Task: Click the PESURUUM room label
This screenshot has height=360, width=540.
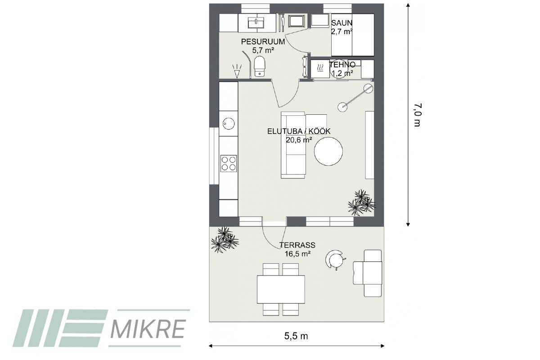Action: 263,41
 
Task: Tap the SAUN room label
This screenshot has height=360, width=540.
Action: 342,23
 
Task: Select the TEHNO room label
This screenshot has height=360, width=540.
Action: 342,64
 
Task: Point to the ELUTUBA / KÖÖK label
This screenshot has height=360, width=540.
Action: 299,131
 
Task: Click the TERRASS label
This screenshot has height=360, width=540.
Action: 297,245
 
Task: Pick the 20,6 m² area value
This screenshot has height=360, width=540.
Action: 299,140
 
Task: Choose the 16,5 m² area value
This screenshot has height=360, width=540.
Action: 297,254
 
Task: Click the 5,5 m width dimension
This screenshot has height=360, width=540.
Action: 296,336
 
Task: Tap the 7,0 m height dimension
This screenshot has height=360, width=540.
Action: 417,115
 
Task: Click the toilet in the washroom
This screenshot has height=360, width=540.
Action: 260,66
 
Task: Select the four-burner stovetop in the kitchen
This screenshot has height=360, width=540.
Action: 229,163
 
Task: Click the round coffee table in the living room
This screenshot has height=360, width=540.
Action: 328,151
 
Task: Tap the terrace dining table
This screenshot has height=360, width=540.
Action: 281,289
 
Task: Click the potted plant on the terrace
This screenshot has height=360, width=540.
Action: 225,239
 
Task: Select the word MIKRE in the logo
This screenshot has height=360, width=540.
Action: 148,329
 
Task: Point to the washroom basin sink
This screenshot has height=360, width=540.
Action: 256,23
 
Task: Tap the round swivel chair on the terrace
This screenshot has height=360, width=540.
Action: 335,260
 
